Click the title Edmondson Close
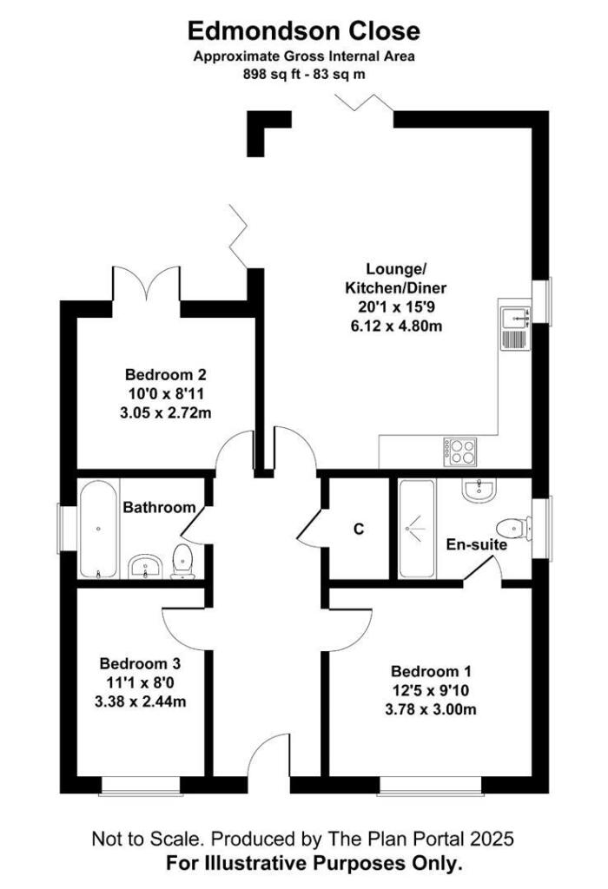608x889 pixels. pyautogui.click(x=304, y=31)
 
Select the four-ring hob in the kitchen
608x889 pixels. pyautogui.click(x=460, y=450)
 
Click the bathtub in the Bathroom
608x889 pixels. pyautogui.click(x=99, y=530)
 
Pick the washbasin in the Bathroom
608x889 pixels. pyautogui.click(x=145, y=567)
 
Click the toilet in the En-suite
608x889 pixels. pyautogui.click(x=513, y=527)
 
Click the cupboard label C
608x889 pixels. pyautogui.click(x=357, y=529)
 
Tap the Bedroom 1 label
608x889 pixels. pyautogui.click(x=430, y=672)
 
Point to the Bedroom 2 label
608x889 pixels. pyautogui.click(x=165, y=376)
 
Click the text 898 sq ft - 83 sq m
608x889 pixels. pyautogui.click(x=304, y=75)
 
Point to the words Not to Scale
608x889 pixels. pyautogui.click(x=149, y=840)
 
